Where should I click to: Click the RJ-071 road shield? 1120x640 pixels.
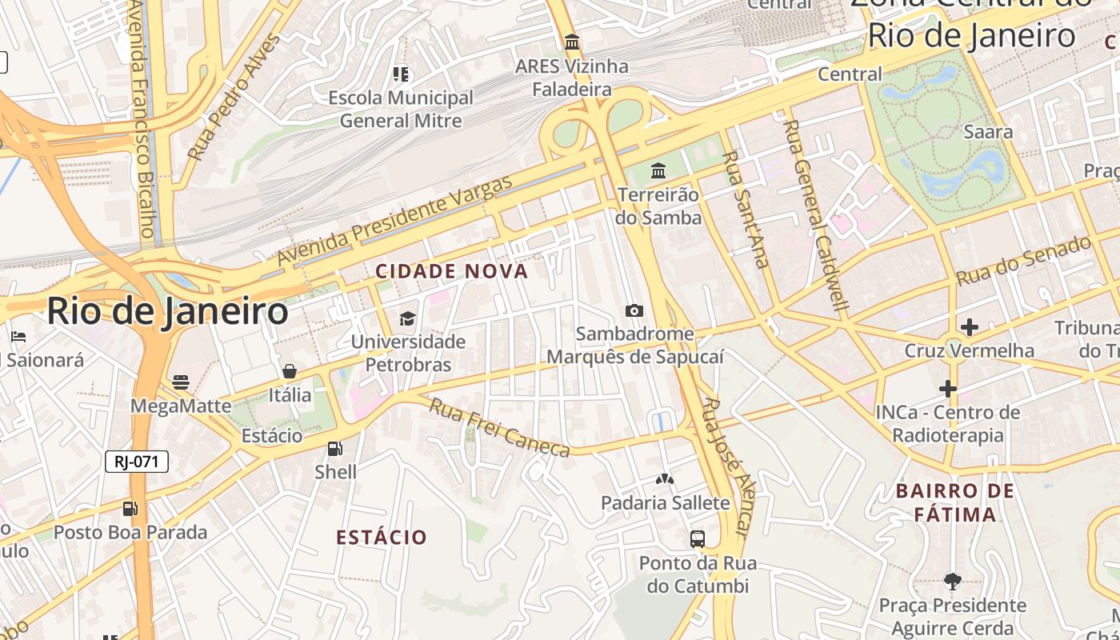pos(136,462)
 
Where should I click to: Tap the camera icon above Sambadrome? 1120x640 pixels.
pos(634,310)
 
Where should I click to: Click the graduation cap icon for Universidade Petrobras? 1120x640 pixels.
pos(408,319)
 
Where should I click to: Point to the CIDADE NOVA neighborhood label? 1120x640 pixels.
pos(452,271)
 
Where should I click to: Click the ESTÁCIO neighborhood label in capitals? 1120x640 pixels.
pos(382,537)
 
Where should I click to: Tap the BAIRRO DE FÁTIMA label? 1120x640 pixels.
pos(955,502)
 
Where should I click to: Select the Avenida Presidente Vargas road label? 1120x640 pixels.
pos(394,221)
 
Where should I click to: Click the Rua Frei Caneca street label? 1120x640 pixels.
pos(500,427)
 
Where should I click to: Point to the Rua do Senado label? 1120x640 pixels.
pos(1024,261)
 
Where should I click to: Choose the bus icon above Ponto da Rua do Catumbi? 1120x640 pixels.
pos(698,539)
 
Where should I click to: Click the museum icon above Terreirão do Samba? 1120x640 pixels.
pos(658,170)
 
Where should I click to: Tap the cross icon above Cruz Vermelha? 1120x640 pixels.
pos(970,327)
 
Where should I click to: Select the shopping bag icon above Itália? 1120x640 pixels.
pos(290,371)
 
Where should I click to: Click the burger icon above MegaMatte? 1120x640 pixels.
pos(181,382)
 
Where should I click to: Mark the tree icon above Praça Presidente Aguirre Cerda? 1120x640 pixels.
pos(952,581)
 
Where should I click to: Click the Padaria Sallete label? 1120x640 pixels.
pos(666,503)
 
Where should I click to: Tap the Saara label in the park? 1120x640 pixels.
pos(989,132)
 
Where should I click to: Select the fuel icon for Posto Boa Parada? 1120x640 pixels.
pos(130,508)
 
